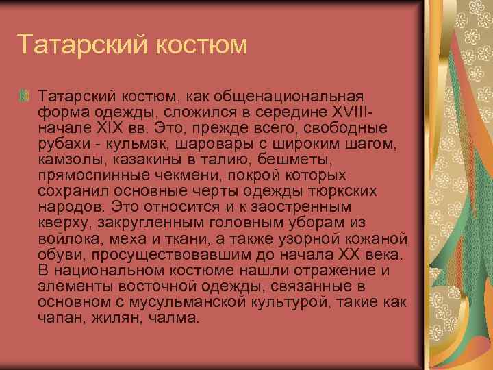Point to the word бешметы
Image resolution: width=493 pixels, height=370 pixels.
299,160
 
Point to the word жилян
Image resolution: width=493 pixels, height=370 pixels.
120,319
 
